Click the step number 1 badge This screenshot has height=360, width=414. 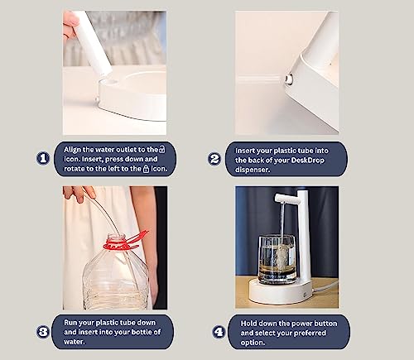pos(43,158)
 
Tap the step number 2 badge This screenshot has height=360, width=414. pos(214,159)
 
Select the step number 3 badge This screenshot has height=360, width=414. pos(43,332)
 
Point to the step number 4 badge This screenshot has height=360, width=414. pos(219,332)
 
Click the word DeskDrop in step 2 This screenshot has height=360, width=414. pos(307,160)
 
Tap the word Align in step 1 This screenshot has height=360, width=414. pos(72,150)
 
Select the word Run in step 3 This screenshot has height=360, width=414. pos(70,323)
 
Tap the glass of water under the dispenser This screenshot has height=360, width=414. pos(277,260)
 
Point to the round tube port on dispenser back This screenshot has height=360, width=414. pos(289,79)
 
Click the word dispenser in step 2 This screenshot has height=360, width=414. pos(252,170)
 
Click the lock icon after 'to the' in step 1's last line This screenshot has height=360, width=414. pos(146,169)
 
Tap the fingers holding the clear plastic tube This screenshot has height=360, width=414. pos(80,193)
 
